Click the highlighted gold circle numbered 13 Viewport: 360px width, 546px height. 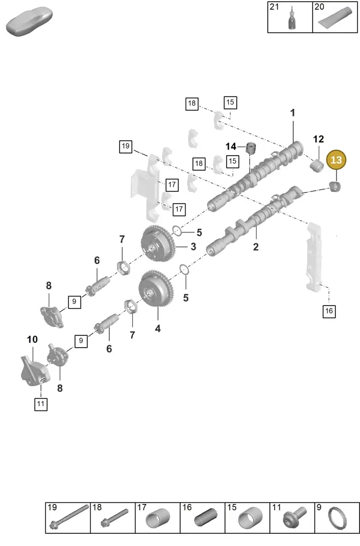[336, 160]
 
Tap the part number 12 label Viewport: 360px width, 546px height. [318, 139]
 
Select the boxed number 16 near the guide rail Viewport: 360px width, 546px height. [329, 311]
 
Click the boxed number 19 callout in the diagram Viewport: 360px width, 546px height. [126, 146]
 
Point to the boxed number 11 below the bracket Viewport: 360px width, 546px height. [41, 404]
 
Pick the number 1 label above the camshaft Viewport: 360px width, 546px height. [292, 113]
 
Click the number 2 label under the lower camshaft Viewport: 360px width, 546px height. [256, 247]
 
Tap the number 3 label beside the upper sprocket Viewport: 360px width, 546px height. [193, 246]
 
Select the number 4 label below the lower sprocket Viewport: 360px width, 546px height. [158, 328]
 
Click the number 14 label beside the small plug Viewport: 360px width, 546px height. [231, 147]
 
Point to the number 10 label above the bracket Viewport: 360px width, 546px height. [33, 339]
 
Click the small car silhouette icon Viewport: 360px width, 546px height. [29, 21]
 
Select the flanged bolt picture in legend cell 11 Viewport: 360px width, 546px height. [295, 517]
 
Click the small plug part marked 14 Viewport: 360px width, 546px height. [251, 148]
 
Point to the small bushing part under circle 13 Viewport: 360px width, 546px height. [335, 187]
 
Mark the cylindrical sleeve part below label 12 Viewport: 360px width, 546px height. [317, 165]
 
